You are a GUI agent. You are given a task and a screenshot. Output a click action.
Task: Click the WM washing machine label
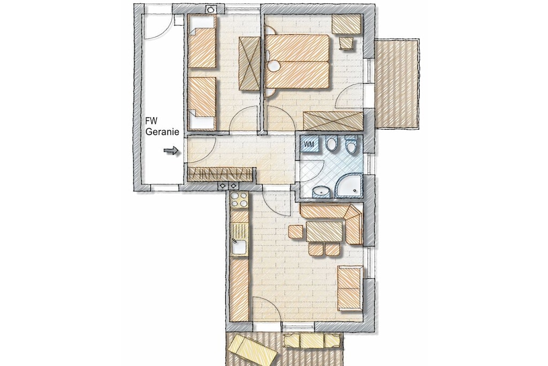(309, 144)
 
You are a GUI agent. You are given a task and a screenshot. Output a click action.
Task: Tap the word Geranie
(162, 132)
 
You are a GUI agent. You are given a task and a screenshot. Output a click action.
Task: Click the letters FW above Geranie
(151, 121)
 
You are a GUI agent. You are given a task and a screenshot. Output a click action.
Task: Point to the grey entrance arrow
(171, 151)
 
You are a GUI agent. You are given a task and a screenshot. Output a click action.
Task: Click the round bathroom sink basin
(320, 192)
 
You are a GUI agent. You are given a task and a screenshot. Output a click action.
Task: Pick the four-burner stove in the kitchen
(239, 200)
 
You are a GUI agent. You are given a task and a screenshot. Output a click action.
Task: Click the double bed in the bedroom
(298, 62)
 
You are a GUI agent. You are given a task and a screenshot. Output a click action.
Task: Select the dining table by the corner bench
(324, 231)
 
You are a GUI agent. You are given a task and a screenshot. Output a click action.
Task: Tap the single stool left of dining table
(295, 232)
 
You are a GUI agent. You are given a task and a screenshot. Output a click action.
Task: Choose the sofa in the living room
(349, 288)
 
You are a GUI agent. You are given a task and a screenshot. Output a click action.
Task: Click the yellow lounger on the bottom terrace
(252, 350)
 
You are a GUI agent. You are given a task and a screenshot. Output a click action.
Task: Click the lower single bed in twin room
(202, 103)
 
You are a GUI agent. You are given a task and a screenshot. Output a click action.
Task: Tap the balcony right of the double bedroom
(397, 84)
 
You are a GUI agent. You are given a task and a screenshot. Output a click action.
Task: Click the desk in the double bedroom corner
(346, 24)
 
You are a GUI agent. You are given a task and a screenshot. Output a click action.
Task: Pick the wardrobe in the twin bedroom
(249, 63)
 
